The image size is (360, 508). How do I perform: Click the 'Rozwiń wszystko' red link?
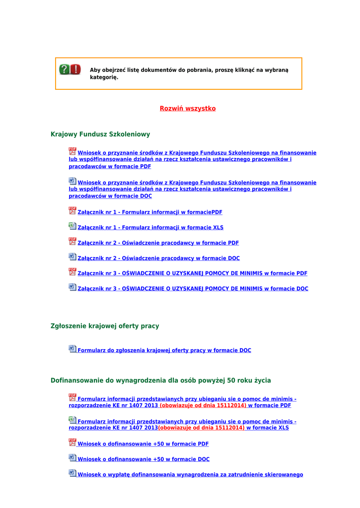click(x=188, y=108)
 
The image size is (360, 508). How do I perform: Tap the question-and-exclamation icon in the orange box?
click(x=70, y=69)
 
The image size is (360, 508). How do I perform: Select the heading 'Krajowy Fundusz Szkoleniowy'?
click(x=100, y=134)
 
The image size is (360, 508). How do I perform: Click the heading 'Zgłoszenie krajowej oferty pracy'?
click(x=105, y=326)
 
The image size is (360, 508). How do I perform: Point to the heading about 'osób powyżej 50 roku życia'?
click(x=161, y=381)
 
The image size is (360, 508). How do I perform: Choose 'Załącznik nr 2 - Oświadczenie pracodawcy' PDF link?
click(x=158, y=243)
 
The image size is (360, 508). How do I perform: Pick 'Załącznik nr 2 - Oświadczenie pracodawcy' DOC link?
click(x=159, y=258)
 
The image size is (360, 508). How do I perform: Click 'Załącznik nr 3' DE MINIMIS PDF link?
click(x=193, y=273)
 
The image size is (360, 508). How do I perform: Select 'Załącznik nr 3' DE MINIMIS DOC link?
click(x=193, y=289)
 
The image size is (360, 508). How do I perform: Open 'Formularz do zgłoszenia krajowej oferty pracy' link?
click(x=164, y=350)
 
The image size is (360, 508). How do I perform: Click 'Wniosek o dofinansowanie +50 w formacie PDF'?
click(x=143, y=444)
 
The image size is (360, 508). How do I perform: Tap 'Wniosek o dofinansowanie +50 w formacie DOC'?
click(x=144, y=459)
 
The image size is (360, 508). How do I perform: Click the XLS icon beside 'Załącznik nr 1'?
click(x=72, y=226)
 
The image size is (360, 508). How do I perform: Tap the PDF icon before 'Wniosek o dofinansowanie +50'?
click(x=72, y=443)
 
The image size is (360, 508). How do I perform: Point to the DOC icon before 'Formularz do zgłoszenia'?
click(x=72, y=349)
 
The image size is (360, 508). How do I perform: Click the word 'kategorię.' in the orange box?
click(x=104, y=77)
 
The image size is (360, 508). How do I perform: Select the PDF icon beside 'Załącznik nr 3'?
click(x=72, y=272)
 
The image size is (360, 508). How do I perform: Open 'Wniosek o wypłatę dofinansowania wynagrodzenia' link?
click(x=190, y=475)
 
